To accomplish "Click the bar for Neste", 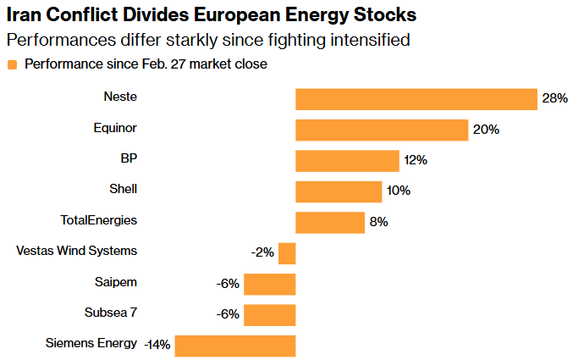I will [x=416, y=99].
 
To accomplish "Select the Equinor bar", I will [x=382, y=130].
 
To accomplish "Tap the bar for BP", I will [x=347, y=161].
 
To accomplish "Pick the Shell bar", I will [x=339, y=191].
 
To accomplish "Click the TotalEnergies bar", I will [x=330, y=222].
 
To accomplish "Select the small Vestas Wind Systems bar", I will [x=287, y=253].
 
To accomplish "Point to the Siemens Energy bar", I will [x=235, y=346].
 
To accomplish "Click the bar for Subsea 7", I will [x=270, y=314].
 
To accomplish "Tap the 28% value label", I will [x=554, y=99].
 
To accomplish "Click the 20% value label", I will [x=486, y=130].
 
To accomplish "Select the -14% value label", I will [x=157, y=345].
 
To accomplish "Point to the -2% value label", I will [x=262, y=253].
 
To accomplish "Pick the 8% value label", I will [x=378, y=222].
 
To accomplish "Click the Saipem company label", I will [x=116, y=281].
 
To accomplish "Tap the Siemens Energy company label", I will [x=91, y=343].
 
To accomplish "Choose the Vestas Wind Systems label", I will [x=77, y=251].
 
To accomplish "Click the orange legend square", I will [x=12, y=64].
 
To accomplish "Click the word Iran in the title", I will [x=24, y=16].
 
